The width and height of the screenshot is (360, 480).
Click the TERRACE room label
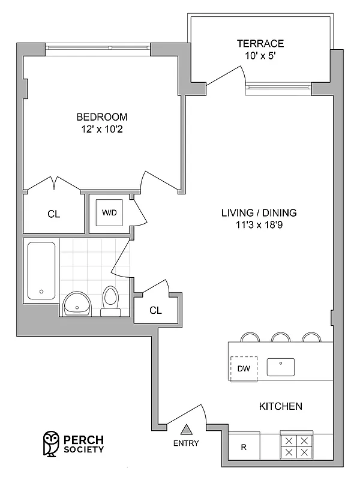click(x=260, y=44)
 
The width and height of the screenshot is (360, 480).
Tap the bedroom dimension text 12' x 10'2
click(x=101, y=128)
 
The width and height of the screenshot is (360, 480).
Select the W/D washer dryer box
click(x=109, y=212)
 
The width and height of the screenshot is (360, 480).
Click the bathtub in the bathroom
click(x=41, y=270)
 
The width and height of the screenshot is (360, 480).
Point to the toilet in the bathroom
click(x=110, y=300)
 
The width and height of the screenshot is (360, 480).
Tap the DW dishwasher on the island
click(x=244, y=368)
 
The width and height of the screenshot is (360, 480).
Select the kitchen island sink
click(x=280, y=367)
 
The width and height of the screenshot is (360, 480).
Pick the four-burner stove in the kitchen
click(x=297, y=447)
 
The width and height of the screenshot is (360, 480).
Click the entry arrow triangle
click(x=187, y=428)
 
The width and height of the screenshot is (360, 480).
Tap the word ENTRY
click(x=187, y=443)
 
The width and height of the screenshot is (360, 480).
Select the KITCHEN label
click(x=280, y=407)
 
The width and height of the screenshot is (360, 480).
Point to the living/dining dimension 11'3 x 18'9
click(x=259, y=226)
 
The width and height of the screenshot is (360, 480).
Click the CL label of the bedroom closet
click(x=53, y=214)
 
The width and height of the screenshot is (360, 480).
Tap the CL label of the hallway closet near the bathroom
click(x=155, y=310)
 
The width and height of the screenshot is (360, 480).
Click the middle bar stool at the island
click(x=280, y=337)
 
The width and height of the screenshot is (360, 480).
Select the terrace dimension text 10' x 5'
click(x=260, y=56)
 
